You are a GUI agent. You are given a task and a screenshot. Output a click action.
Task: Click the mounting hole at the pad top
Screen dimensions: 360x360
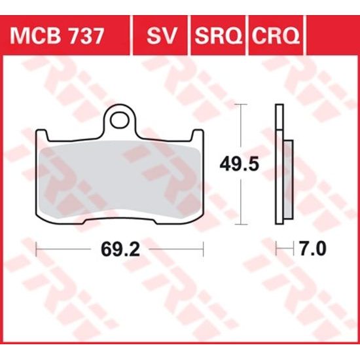coord(119,120)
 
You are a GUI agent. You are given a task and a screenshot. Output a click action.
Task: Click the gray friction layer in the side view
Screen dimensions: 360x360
coord(287,180)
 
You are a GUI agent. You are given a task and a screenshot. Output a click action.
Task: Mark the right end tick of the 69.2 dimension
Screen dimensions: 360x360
coord(204,249)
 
